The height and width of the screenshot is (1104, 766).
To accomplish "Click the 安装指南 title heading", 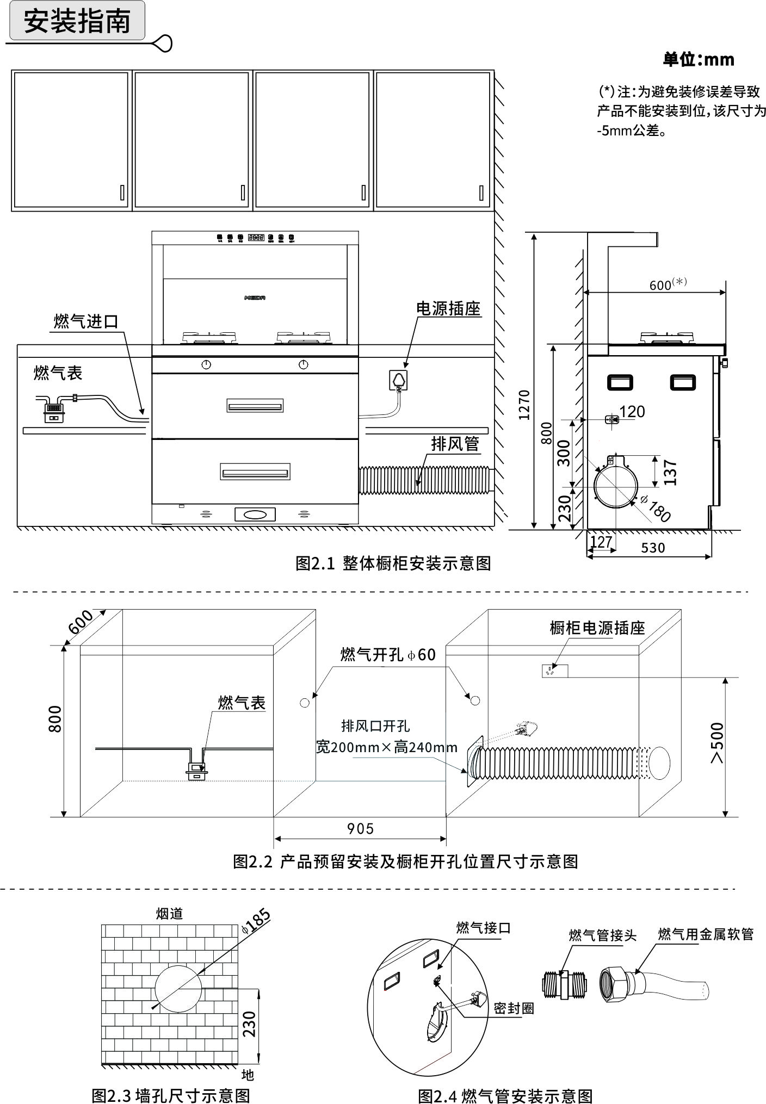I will point(77,21).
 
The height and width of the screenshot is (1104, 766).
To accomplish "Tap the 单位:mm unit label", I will point(698,59).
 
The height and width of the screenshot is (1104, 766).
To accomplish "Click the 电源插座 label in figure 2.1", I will point(448,309).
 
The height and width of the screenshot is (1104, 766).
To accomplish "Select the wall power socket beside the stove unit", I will point(399,380).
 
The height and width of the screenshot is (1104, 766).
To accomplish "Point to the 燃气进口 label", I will point(85,321).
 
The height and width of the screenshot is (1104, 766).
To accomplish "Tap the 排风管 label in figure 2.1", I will point(455,444).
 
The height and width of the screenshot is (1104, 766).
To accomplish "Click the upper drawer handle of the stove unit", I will point(255,406).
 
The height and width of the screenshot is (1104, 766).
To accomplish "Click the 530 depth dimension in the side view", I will point(653,548).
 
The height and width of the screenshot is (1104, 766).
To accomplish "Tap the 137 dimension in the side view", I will point(670,472).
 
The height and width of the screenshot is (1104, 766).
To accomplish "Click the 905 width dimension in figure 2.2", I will point(360,829).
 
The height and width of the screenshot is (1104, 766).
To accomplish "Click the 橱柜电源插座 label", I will point(597,628).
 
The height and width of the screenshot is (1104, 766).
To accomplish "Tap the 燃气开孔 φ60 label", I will point(388,654).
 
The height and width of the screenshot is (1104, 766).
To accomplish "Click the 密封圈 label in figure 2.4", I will point(514,1008).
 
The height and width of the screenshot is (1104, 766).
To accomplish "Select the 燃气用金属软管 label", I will point(705,934).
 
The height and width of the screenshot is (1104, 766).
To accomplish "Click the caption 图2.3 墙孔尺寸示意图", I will point(171,1094).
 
